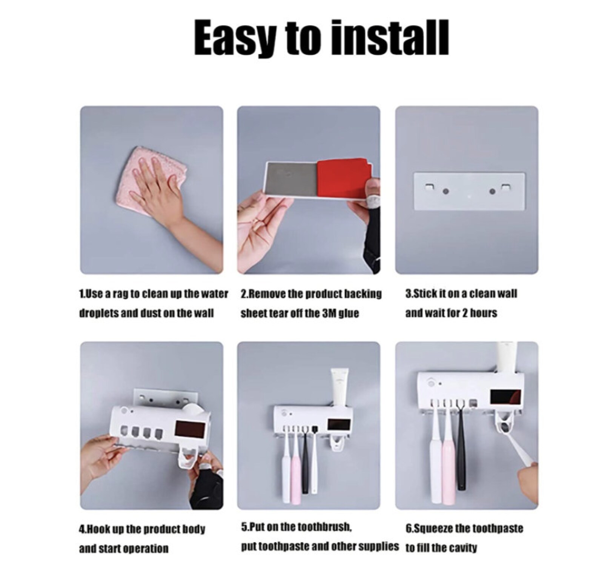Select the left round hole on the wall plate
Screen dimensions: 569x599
coord(445,191)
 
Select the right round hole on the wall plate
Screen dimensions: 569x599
coord(492,192)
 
